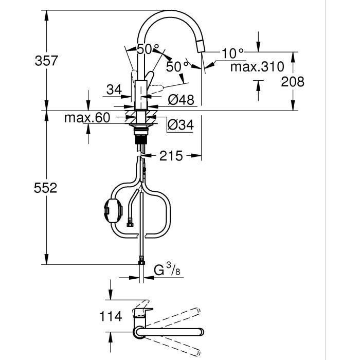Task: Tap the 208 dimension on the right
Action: click(x=293, y=81)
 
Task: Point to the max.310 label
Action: click(x=257, y=67)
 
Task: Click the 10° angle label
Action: click(x=232, y=53)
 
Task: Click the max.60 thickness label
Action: click(x=87, y=118)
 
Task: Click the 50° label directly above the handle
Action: click(x=148, y=50)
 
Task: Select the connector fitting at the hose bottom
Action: click(x=141, y=263)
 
